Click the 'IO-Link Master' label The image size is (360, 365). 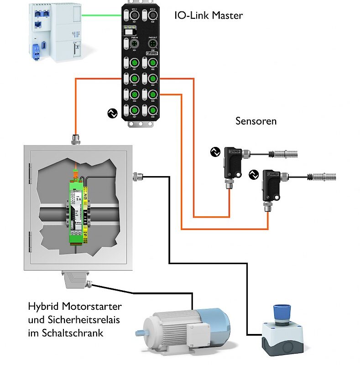pyautogui.click(x=209, y=16)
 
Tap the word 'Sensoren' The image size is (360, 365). pyautogui.click(x=256, y=121)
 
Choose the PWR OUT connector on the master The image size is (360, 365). pyautogui.click(x=152, y=44)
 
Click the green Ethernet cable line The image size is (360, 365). pyautogui.click(x=101, y=15)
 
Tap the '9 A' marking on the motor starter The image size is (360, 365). pyautogui.click(x=78, y=199)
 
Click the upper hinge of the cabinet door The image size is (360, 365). pyautogui.click(x=30, y=172)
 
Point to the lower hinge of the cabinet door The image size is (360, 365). pyautogui.click(x=30, y=239)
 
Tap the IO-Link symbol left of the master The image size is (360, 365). pyautogui.click(x=111, y=113)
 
